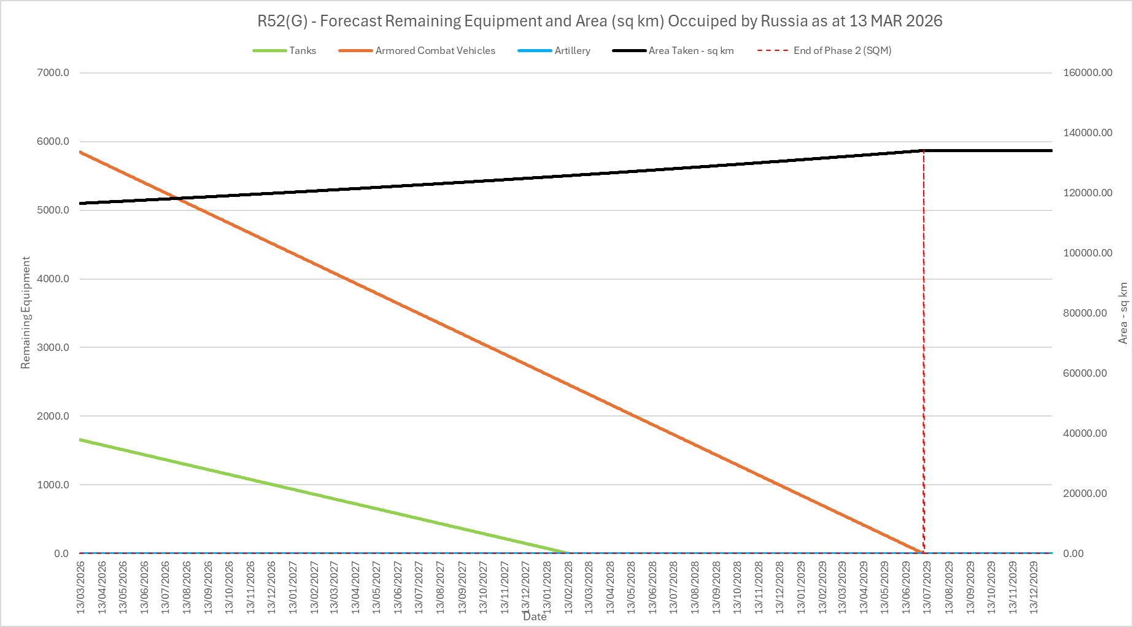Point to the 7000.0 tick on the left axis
pyautogui.click(x=53, y=73)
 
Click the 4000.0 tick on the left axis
pyautogui.click(x=53, y=279)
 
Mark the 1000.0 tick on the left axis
pyautogui.click(x=53, y=485)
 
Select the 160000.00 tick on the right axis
pyautogui.click(x=1087, y=73)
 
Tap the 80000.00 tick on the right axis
pyautogui.click(x=1085, y=313)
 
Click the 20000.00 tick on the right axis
pyautogui.click(x=1085, y=493)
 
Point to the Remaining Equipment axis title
pyautogui.click(x=26, y=313)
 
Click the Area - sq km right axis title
pyautogui.click(x=1123, y=313)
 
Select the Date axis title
pyautogui.click(x=535, y=617)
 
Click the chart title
pyautogui.click(x=600, y=21)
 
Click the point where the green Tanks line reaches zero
pyautogui.click(x=568, y=553)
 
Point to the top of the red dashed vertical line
pyautogui.click(x=924, y=150)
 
